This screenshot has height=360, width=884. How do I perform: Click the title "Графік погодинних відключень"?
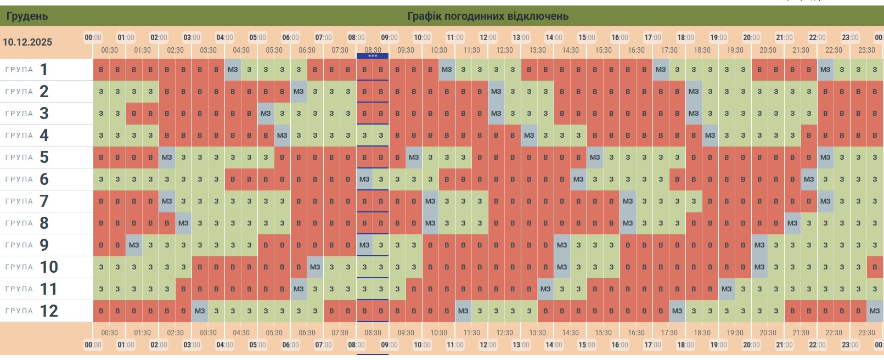pyautogui.click(x=487, y=16)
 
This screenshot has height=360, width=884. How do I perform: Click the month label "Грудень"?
pyautogui.click(x=27, y=16)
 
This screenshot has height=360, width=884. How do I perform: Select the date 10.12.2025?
pyautogui.click(x=27, y=42)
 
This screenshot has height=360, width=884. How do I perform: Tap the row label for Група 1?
pyautogui.click(x=27, y=70)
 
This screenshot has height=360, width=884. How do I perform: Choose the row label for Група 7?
pyautogui.click(x=27, y=201)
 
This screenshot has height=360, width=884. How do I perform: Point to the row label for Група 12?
pyautogui.click(x=32, y=311)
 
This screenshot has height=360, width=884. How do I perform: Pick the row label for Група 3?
pyautogui.click(x=27, y=114)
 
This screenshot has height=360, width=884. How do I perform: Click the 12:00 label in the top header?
pyautogui.click(x=488, y=37)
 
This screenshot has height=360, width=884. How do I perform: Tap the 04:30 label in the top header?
pyautogui.click(x=241, y=50)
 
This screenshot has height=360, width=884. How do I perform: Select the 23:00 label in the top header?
pyautogui.click(x=850, y=37)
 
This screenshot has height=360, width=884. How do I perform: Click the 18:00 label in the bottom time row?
pyautogui.click(x=685, y=345)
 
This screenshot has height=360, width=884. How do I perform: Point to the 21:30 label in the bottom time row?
pyautogui.click(x=801, y=333)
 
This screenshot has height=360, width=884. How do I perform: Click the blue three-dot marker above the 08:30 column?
pyautogui.click(x=373, y=55)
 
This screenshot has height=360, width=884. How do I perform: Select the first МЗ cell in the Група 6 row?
pyautogui.click(x=364, y=179)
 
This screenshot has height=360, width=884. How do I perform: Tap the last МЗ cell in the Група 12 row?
pyautogui.click(x=875, y=311)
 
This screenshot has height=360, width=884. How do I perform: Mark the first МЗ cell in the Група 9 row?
pyautogui.click(x=134, y=245)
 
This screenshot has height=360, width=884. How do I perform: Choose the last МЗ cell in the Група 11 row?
pyautogui.click(x=727, y=289)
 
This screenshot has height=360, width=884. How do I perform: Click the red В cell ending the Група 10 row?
pyautogui.click(x=875, y=267)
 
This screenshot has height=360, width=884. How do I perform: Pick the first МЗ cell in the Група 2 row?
pyautogui.click(x=299, y=92)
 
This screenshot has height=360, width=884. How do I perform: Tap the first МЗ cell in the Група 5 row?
pyautogui.click(x=167, y=157)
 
